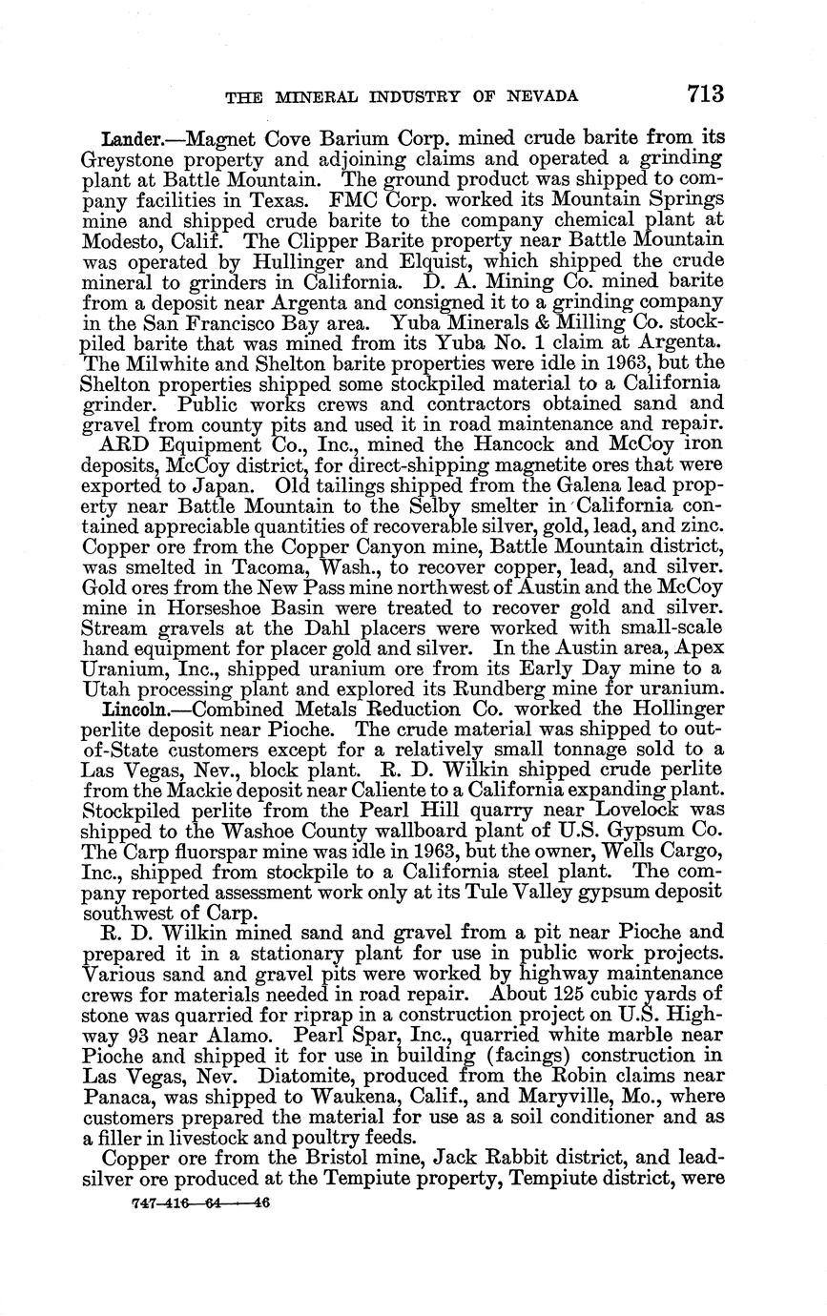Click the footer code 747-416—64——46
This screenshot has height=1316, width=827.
199,1203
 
